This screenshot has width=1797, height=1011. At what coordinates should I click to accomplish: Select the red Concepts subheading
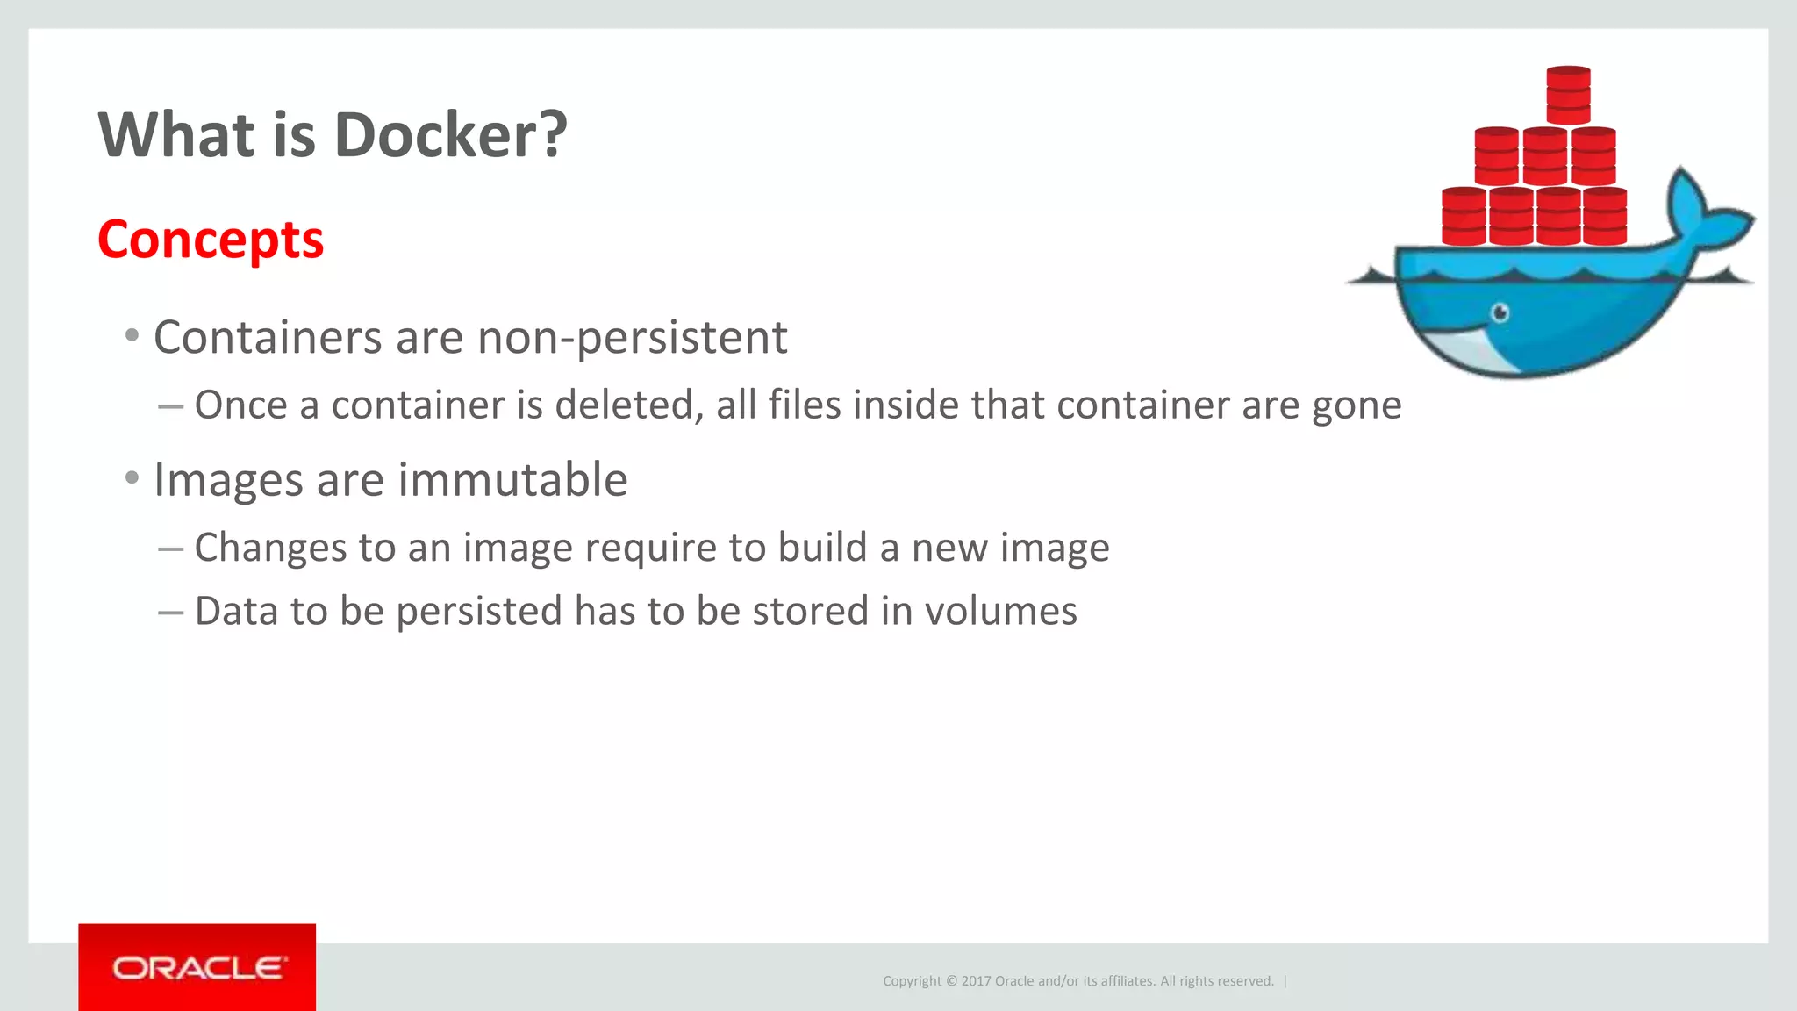[211, 240]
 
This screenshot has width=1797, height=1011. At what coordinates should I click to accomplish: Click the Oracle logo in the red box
[197, 968]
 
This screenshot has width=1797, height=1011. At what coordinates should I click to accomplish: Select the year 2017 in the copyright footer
[976, 981]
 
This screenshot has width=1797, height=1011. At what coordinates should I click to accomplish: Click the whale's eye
[1500, 312]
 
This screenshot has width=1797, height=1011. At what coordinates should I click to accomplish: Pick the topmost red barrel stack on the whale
[1568, 95]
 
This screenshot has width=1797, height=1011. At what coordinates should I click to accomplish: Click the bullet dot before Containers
[132, 335]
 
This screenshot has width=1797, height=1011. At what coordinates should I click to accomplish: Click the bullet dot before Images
[132, 478]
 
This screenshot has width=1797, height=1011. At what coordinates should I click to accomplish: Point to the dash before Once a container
[170, 406]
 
